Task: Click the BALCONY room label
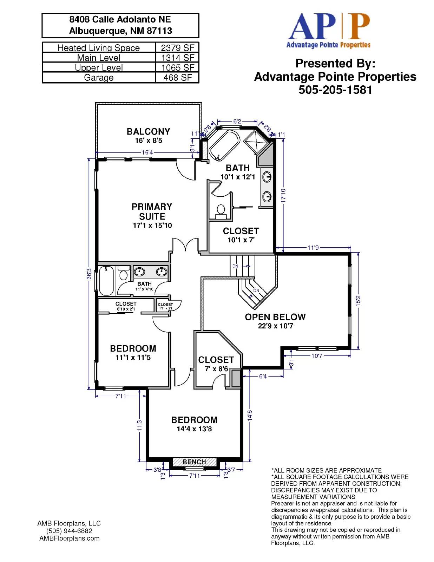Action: (148, 131)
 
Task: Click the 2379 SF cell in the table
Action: (177, 47)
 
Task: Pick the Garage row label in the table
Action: (99, 77)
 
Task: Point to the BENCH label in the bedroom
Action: (194, 462)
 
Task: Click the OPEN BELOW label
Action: (275, 317)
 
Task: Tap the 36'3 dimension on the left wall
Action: (89, 274)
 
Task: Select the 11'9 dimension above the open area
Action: (313, 248)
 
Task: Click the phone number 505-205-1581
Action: (335, 90)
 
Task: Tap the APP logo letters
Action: (329, 27)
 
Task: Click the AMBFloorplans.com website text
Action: (69, 538)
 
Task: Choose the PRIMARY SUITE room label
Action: (152, 211)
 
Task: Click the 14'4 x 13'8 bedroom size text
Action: (194, 429)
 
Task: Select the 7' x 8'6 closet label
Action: (216, 369)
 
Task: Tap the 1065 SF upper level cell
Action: (177, 67)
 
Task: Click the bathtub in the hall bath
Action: (106, 281)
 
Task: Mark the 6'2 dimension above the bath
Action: (237, 121)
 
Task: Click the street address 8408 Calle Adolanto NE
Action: (120, 19)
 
